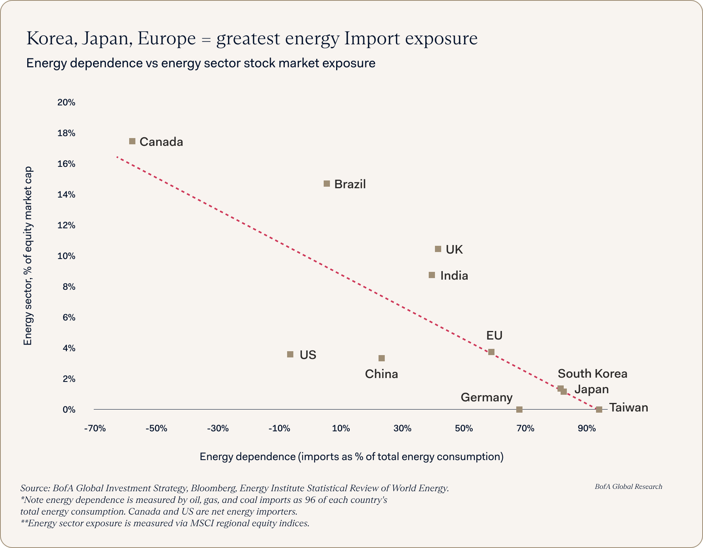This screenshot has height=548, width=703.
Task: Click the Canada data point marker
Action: coord(132,141)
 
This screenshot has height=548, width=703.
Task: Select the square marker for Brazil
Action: coord(327,184)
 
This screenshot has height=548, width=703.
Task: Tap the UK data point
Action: coord(438,249)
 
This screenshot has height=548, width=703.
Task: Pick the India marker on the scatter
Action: coord(432,275)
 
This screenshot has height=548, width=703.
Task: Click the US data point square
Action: coord(290,354)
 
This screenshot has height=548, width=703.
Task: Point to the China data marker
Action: coord(382,358)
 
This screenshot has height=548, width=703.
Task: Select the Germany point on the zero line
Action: coord(519,410)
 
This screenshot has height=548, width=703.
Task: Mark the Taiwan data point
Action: coord(599,410)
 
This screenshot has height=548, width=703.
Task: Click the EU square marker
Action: coord(491,352)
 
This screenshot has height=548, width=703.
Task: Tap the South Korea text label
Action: coord(592,374)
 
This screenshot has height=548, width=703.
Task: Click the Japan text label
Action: coord(592,389)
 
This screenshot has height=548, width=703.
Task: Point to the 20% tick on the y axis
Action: coord(66,103)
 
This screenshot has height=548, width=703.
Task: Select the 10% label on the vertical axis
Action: coord(66,256)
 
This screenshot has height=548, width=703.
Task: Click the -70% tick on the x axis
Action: coord(95,429)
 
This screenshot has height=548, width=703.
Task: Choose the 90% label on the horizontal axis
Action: coord(587,429)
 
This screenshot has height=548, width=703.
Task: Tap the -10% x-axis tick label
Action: coord(279,429)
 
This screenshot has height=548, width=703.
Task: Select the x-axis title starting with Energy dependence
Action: coord(351,457)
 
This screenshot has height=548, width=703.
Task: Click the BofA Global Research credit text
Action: coord(628,487)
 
